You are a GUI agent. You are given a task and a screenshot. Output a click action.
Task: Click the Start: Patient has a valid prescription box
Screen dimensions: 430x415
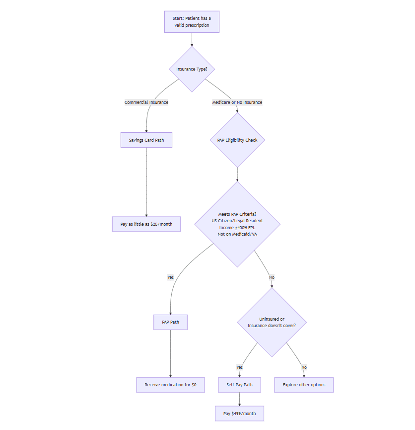coord(192,22)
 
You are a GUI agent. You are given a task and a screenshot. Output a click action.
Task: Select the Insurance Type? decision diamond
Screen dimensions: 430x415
coord(192,69)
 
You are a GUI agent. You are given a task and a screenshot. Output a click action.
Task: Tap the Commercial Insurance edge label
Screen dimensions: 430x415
coord(146,102)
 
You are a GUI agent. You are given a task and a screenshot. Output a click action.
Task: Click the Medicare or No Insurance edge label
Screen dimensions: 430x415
coord(237,102)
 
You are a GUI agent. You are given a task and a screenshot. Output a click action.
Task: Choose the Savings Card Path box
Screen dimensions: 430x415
coord(146,140)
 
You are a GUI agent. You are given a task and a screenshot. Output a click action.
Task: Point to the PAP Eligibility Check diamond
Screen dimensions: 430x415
coord(237,140)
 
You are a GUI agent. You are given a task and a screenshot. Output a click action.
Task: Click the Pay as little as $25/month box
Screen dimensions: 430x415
coord(146,224)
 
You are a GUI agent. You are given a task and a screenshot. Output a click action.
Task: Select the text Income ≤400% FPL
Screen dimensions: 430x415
coord(237,227)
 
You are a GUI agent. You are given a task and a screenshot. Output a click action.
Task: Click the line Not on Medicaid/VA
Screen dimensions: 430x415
coord(237,234)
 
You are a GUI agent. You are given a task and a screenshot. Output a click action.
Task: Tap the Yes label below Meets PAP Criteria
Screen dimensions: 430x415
coord(170,277)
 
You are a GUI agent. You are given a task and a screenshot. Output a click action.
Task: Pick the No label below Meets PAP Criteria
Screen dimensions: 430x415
coord(272,277)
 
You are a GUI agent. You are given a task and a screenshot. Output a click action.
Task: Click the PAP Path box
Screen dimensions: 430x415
coord(170,322)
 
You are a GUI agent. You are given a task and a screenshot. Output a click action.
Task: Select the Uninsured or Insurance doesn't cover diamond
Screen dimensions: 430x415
coord(272,322)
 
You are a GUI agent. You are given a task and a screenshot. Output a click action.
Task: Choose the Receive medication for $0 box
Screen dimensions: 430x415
coord(170,385)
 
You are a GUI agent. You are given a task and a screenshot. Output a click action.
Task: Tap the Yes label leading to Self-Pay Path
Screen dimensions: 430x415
coord(239,367)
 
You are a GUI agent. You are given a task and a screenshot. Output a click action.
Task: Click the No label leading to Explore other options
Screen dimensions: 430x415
coord(304,367)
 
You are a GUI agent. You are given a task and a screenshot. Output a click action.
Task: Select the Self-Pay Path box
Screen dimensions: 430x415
coord(239,385)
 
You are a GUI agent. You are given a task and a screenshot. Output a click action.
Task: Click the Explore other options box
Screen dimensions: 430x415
coord(304,385)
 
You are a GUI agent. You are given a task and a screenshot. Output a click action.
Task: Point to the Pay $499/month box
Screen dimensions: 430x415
coord(239,414)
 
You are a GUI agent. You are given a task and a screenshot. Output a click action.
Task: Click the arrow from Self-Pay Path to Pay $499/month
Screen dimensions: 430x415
coord(239,399)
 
